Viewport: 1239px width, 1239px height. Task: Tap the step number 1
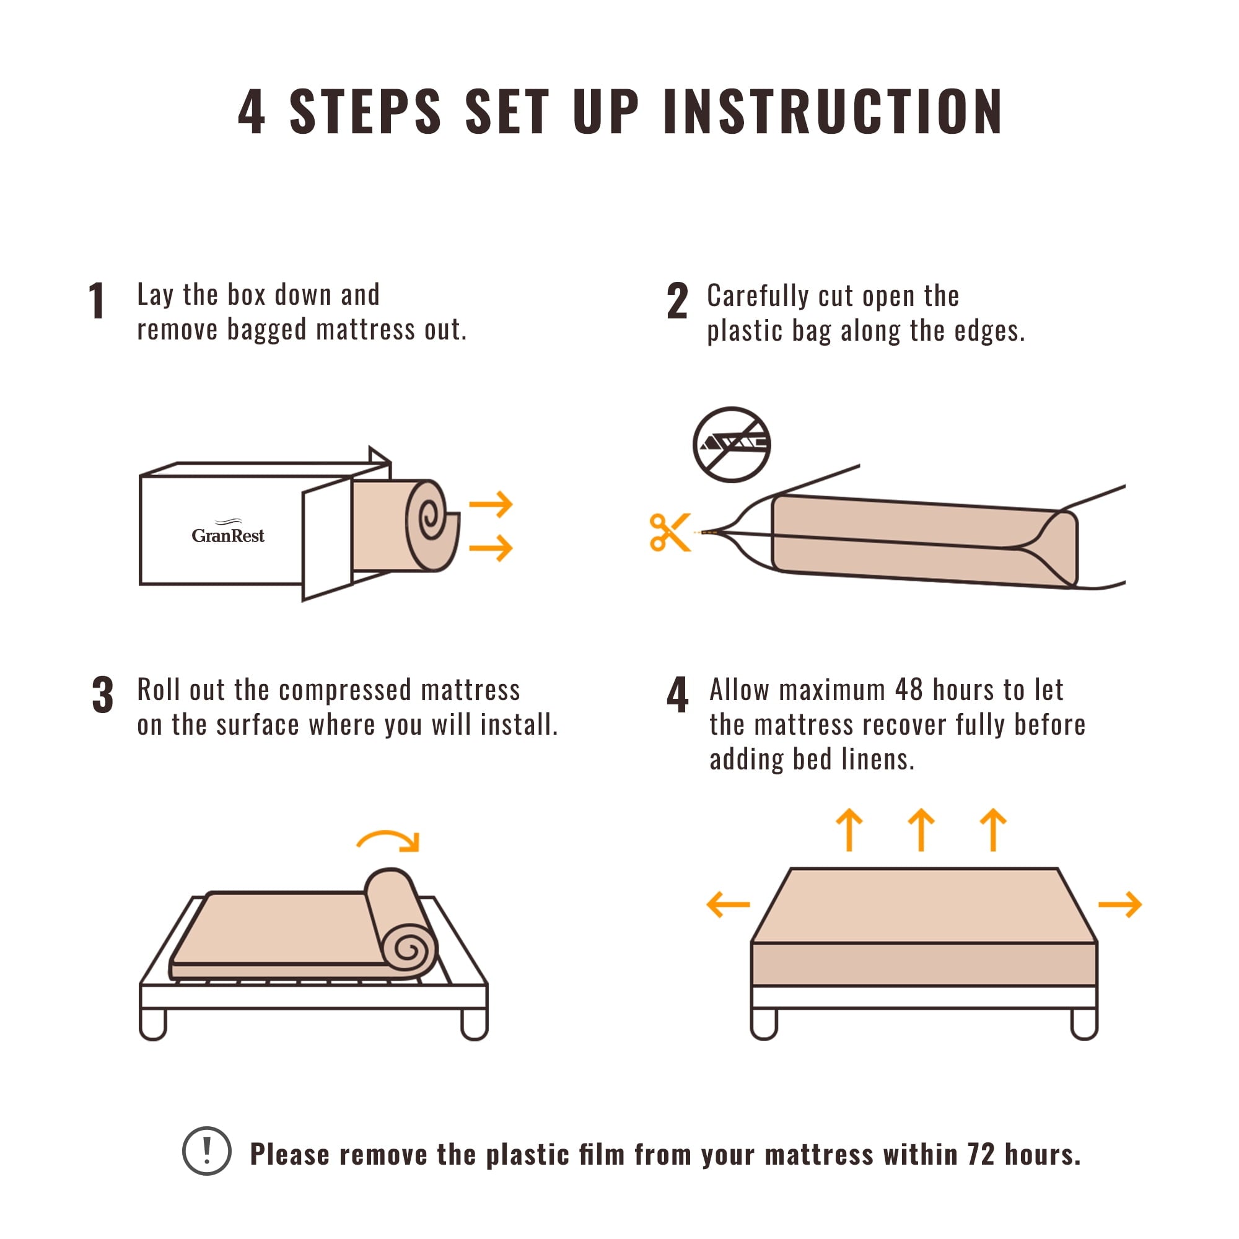[x=97, y=301]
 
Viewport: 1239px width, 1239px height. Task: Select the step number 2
[x=677, y=302]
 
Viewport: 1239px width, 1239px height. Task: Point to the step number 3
[x=103, y=695]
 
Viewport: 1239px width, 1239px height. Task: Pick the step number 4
[x=677, y=695]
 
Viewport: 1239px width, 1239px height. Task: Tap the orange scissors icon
[x=669, y=532]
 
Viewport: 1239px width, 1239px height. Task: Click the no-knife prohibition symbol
[x=732, y=444]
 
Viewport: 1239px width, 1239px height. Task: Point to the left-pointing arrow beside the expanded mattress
[x=728, y=905]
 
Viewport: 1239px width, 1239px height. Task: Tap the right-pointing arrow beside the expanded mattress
[x=1119, y=905]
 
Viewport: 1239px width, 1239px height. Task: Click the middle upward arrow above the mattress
[x=922, y=830]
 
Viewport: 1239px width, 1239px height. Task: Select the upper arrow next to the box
[x=491, y=505]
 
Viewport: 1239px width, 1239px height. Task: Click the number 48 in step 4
[x=909, y=690]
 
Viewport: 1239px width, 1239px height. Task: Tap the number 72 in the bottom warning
[x=981, y=1154]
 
